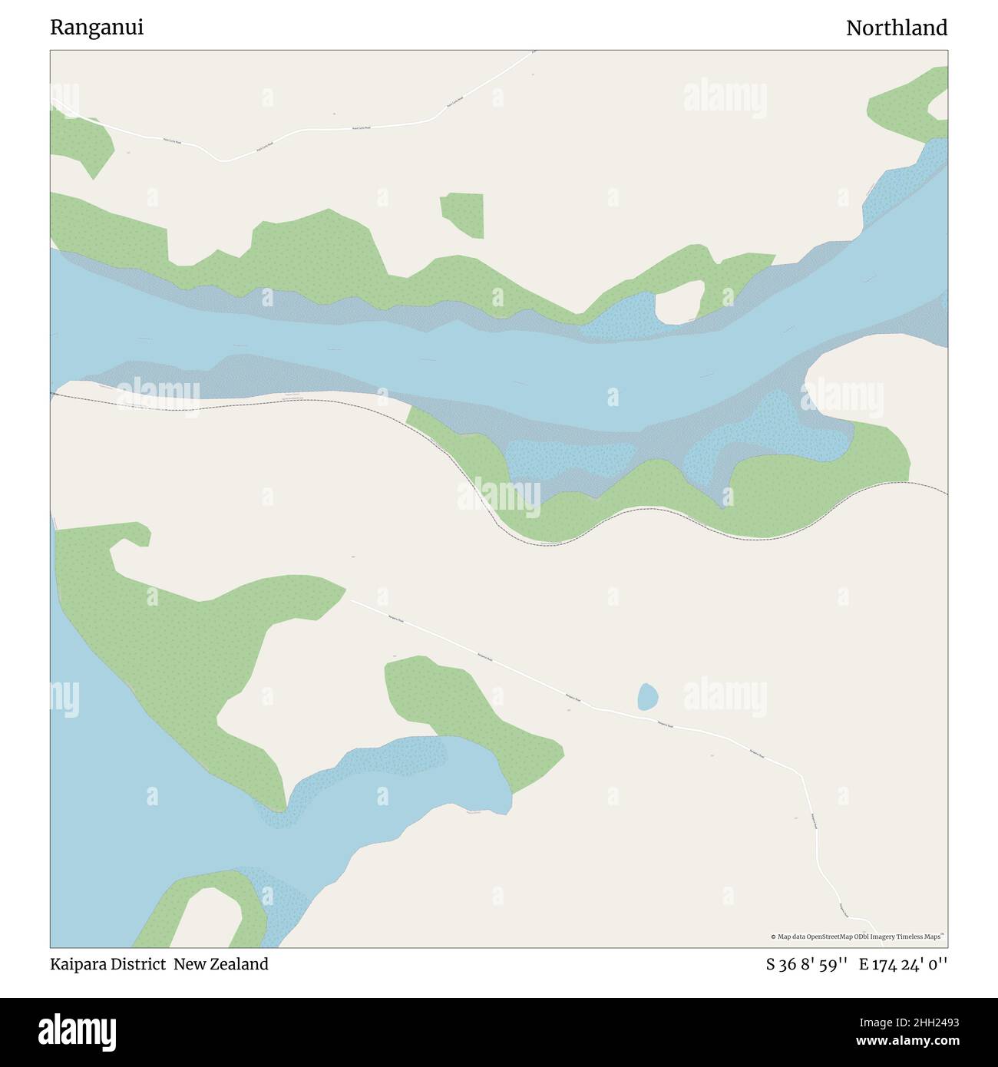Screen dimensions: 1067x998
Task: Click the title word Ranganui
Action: coord(97,28)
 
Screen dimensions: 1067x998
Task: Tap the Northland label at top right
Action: coord(896,28)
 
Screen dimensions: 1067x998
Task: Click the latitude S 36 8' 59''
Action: coord(806,964)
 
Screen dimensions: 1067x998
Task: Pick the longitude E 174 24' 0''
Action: coord(903,964)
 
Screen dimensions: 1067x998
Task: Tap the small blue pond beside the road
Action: coord(647,697)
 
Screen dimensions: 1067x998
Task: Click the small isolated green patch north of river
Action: coord(464,213)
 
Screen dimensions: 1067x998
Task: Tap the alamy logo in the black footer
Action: coord(78,1030)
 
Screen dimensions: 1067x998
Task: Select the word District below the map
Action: coord(140,964)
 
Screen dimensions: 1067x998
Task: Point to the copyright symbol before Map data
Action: coord(774,937)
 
